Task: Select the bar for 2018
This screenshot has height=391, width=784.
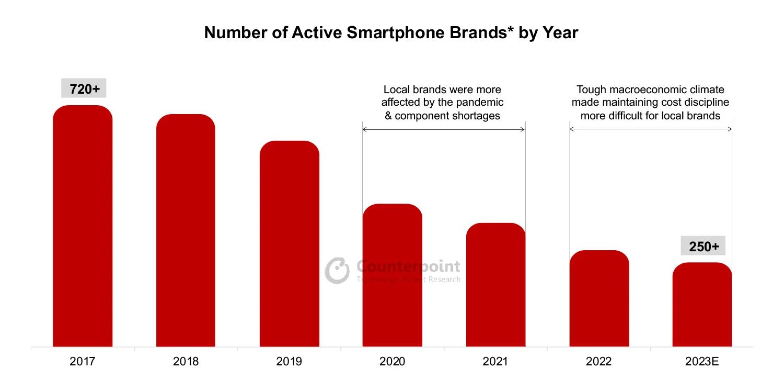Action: click(x=186, y=230)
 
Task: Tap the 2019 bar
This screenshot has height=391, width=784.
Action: click(x=289, y=244)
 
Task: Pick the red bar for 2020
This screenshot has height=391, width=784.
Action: click(x=392, y=275)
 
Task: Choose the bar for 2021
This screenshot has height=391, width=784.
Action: click(x=495, y=285)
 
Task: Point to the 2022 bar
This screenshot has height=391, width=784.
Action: click(x=599, y=298)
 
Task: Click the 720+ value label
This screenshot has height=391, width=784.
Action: click(x=84, y=89)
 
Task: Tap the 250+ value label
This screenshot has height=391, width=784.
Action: click(x=703, y=247)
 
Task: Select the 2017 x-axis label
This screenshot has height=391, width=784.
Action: click(x=83, y=362)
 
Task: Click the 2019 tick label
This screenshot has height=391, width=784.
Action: click(x=289, y=362)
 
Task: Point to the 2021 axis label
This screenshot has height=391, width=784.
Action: click(x=495, y=362)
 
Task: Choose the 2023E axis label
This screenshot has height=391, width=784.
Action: click(x=702, y=362)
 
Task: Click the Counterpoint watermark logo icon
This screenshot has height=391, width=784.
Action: click(x=338, y=270)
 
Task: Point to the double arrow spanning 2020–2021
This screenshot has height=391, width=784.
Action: click(x=443, y=129)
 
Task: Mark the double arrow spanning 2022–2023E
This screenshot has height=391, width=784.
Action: click(x=650, y=129)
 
